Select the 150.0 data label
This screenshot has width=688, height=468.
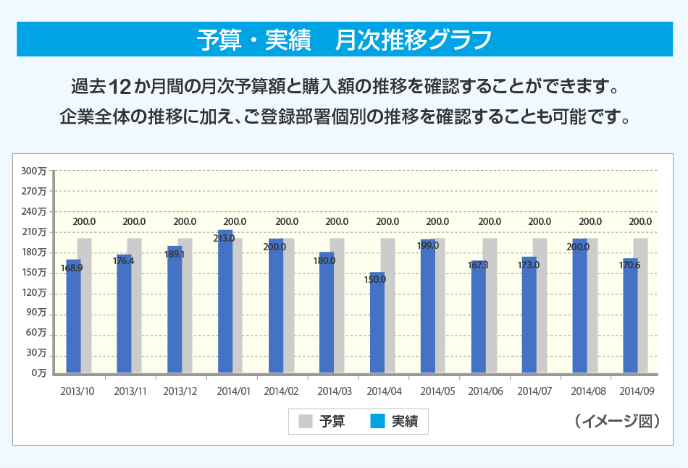(375, 279)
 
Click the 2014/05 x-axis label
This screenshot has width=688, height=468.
(437, 391)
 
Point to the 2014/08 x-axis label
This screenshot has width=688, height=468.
(588, 391)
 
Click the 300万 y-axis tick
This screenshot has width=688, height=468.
(34, 171)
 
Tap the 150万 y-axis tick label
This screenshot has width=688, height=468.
(34, 272)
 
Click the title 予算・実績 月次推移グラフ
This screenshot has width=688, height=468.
(344, 39)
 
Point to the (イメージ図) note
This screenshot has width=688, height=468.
(616, 421)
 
